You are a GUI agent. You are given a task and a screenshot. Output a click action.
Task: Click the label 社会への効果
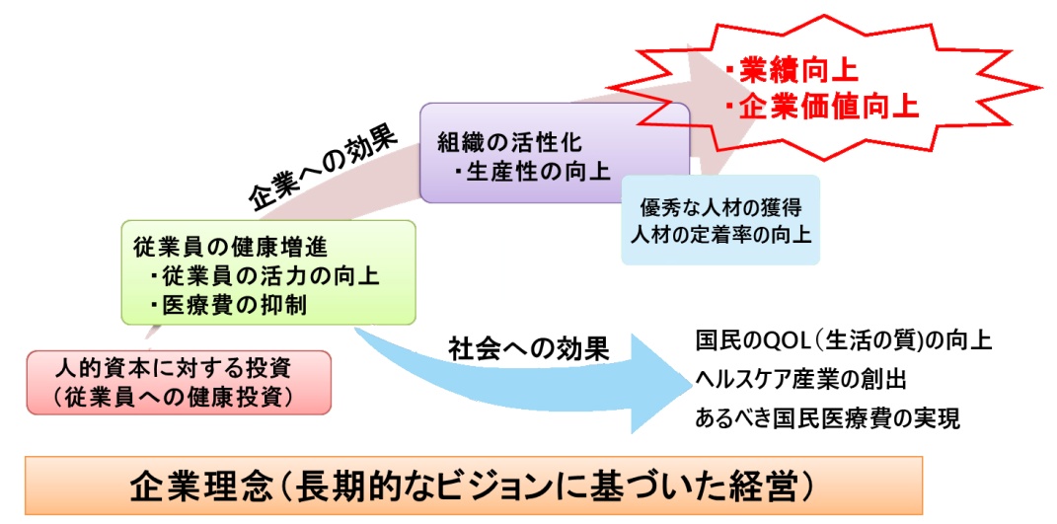click(529, 349)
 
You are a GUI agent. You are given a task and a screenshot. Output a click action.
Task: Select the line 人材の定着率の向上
click(720, 236)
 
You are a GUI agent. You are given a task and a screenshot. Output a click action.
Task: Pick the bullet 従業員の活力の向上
click(264, 276)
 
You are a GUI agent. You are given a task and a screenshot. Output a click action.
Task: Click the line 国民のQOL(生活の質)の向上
click(843, 341)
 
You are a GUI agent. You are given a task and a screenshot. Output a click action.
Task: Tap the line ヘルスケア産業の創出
click(799, 380)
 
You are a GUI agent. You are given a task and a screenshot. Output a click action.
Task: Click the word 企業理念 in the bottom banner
click(191, 486)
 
